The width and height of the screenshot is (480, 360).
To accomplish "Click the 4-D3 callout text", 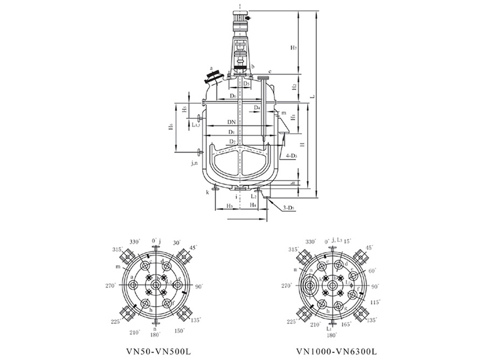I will click(x=293, y=155).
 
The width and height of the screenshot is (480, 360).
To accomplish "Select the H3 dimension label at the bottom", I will click(x=229, y=205).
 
